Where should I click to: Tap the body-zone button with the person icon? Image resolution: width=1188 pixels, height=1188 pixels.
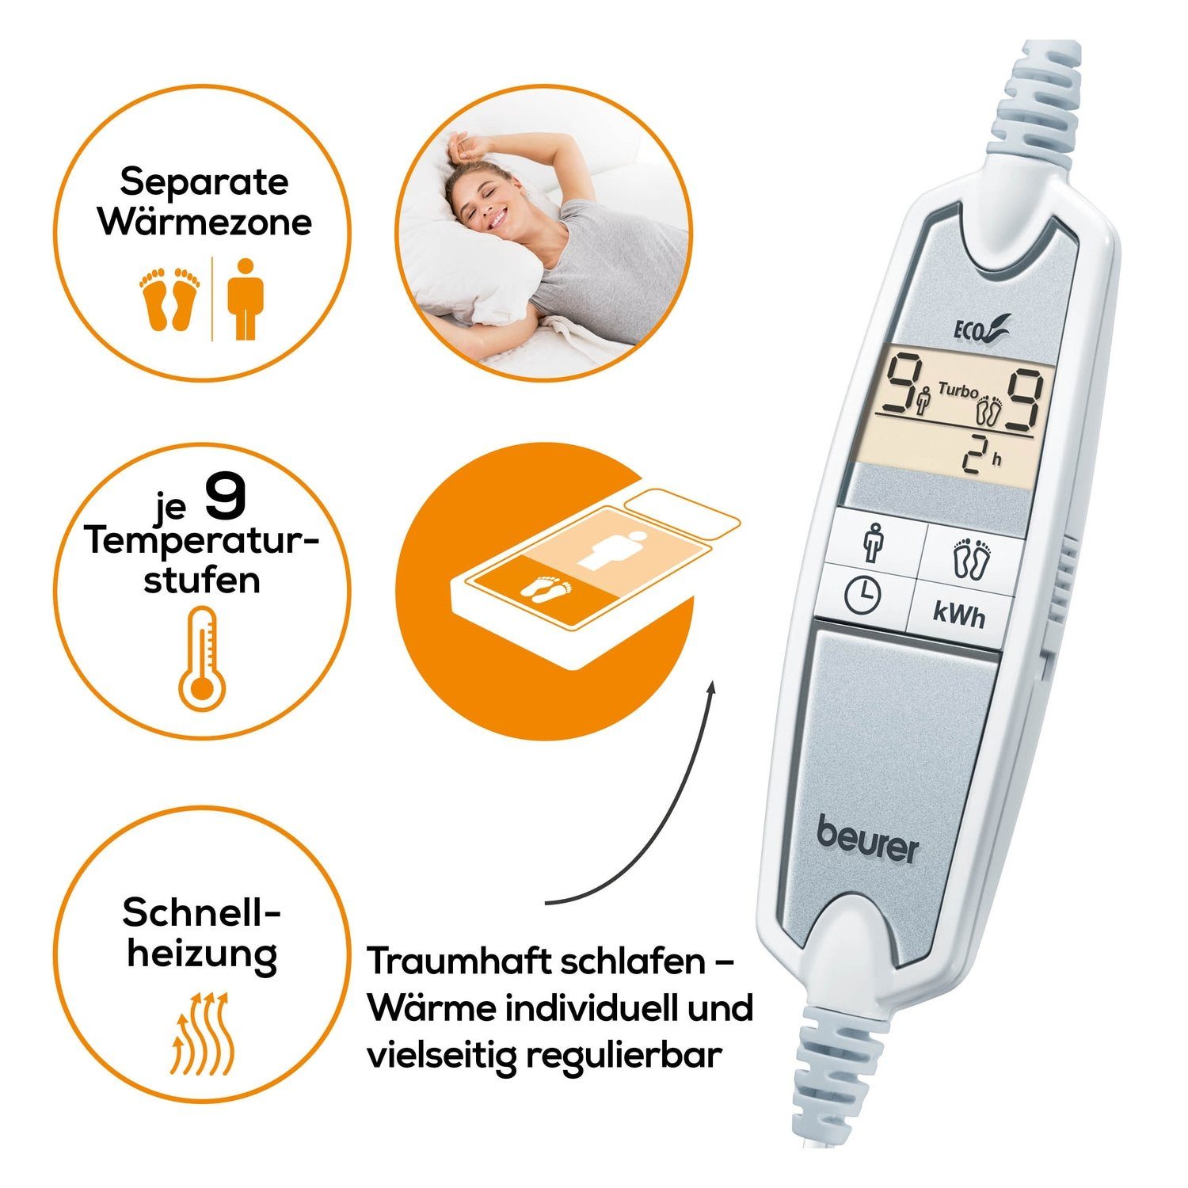[x=874, y=541]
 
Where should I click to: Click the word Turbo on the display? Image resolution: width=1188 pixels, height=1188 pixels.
[x=958, y=390]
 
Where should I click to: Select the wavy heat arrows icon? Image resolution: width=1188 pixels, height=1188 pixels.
[x=203, y=1031]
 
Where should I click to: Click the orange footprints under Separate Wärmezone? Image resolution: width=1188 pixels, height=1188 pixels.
[x=170, y=299]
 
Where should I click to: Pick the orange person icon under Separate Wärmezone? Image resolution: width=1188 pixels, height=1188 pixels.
[x=246, y=299]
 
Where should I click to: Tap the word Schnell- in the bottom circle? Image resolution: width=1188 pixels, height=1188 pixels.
[x=202, y=914]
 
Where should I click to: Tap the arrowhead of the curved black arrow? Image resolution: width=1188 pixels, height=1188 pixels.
[x=711, y=688]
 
